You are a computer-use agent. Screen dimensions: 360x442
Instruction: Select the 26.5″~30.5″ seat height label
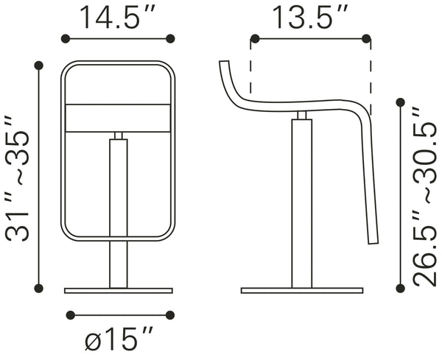pos(425,195)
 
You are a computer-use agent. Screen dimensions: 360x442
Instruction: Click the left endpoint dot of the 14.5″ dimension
pos(64,38)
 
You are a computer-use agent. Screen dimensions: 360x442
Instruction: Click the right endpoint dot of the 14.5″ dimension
pos(171,38)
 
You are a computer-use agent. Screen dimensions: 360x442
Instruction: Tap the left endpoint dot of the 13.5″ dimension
pos(253,38)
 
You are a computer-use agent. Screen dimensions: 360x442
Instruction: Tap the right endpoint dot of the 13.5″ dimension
pos(368,38)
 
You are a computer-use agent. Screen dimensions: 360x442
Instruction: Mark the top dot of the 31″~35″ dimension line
pos(39,66)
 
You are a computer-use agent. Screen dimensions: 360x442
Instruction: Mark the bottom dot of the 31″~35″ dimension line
pos(39,287)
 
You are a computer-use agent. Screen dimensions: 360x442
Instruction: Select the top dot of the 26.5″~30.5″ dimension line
pos(401,102)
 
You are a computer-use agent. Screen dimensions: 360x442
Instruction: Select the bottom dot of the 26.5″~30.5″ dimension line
pos(401,288)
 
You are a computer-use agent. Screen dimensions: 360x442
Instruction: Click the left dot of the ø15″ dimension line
pos(70,316)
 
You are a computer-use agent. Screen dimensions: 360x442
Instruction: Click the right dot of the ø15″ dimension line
pos(170,316)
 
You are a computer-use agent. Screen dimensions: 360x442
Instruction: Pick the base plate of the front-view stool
pos(118,291)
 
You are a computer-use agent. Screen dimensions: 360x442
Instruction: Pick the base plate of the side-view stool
pos(301,291)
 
